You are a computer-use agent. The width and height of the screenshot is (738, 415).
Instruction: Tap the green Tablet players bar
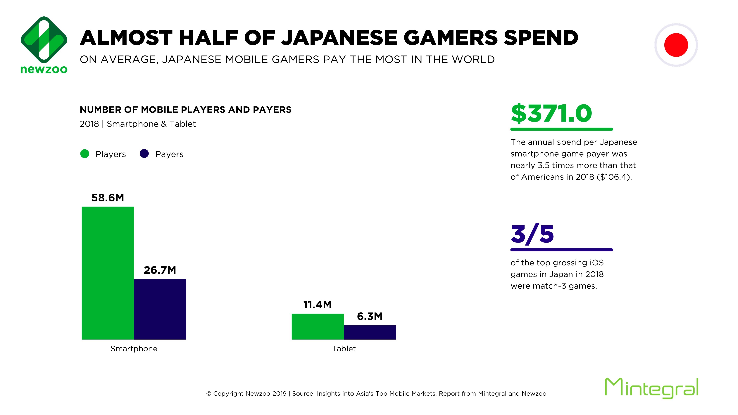point(317,326)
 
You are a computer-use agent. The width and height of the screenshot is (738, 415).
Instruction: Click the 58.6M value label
point(108,198)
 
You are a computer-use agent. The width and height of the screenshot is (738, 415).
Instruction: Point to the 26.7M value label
point(160,270)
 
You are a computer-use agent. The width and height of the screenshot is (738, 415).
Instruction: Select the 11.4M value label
point(317,305)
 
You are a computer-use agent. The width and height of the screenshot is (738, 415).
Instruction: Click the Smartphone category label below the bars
point(134,349)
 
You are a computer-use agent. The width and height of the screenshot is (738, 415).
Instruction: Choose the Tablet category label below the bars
point(344,349)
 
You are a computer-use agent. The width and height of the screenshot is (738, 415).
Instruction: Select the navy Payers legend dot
point(144,154)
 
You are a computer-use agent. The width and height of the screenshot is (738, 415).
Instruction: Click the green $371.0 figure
point(551,113)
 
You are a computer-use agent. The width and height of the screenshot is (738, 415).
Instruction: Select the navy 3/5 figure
point(532,234)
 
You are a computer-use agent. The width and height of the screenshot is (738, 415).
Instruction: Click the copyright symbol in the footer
point(208,394)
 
